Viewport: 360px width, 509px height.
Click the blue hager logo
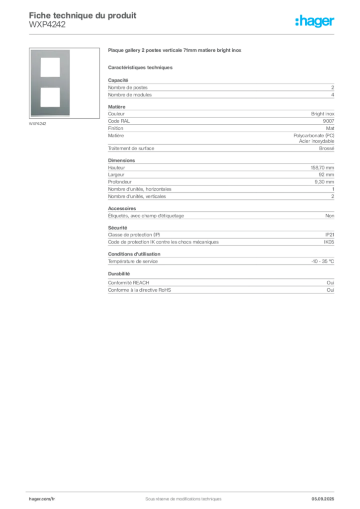[316, 22]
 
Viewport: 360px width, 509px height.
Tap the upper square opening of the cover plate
[50, 67]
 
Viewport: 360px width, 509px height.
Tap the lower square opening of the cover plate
[50, 96]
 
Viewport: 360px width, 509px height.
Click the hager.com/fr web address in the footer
[41, 499]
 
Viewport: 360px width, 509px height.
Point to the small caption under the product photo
[38, 124]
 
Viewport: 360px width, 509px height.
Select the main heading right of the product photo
[175, 52]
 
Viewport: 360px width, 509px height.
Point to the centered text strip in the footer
[180, 496]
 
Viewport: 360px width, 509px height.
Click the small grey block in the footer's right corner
[327, 496]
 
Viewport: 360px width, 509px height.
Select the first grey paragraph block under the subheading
[220, 89]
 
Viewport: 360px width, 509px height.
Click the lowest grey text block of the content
[220, 283]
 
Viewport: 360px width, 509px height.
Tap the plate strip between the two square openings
[50, 82]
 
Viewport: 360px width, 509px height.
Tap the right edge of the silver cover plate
[70, 83]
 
